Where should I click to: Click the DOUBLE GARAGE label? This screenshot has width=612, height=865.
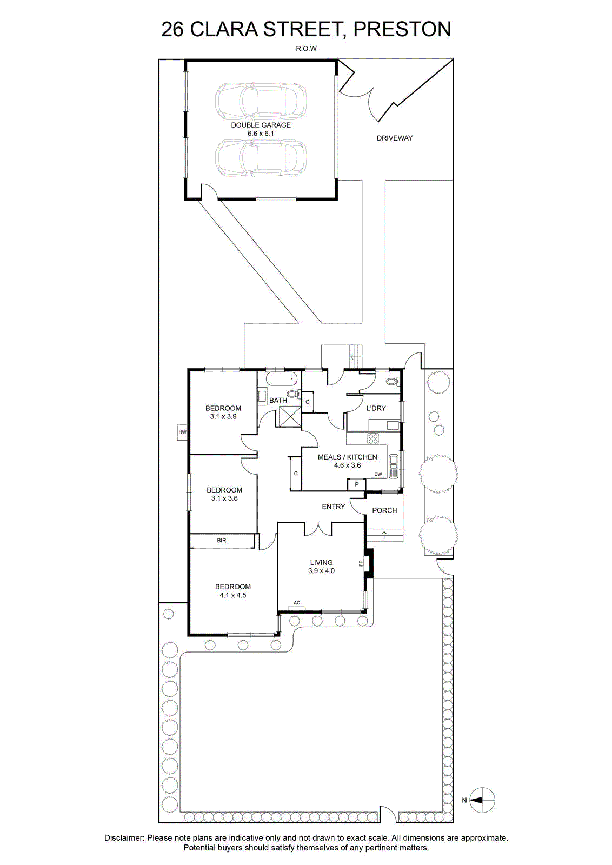pyautogui.click(x=261, y=125)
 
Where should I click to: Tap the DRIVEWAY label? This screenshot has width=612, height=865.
pyautogui.click(x=395, y=138)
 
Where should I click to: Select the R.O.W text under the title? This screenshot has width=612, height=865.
pyautogui.click(x=306, y=49)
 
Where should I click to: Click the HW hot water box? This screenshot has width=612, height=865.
pyautogui.click(x=182, y=432)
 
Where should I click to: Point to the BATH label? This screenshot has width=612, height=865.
pyautogui.click(x=278, y=401)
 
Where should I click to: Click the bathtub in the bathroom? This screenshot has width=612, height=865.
pyautogui.click(x=281, y=379)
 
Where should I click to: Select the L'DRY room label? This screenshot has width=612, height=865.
pyautogui.click(x=376, y=408)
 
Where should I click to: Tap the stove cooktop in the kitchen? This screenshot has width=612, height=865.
pyautogui.click(x=372, y=438)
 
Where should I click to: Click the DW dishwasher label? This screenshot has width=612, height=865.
pyautogui.click(x=378, y=474)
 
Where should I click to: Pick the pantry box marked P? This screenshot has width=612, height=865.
pyautogui.click(x=357, y=484)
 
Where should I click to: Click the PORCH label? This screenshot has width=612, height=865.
pyautogui.click(x=384, y=510)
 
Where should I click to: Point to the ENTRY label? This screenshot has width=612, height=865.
pyautogui.click(x=333, y=507)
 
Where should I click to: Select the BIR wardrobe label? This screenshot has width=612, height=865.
pyautogui.click(x=221, y=541)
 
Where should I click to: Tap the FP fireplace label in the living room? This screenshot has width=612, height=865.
pyautogui.click(x=361, y=563)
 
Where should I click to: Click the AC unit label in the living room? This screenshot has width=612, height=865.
pyautogui.click(x=297, y=602)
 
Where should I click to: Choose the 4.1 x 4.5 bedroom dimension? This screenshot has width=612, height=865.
pyautogui.click(x=233, y=595)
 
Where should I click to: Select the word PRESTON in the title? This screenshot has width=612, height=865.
pyautogui.click(x=402, y=29)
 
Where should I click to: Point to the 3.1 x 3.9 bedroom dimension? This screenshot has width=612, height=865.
pyautogui.click(x=223, y=416)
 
